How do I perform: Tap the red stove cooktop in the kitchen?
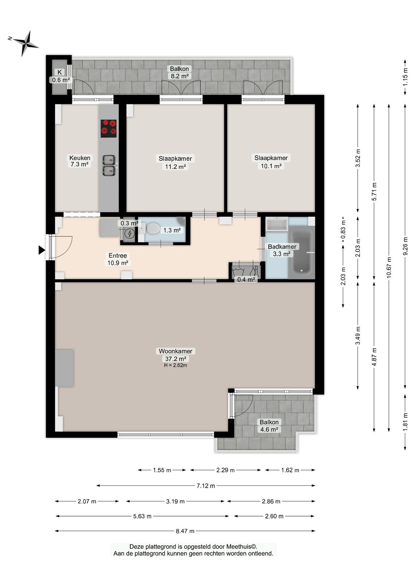108,128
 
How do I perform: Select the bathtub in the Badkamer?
301,251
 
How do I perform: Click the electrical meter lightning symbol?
129,233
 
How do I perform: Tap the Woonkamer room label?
176,351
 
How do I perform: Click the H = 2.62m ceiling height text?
176,365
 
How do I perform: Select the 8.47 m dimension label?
185,531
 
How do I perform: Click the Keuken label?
80,158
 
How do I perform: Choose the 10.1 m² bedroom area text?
271,166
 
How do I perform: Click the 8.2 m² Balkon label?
179,76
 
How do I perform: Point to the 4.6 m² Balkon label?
269,430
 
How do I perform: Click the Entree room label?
118,255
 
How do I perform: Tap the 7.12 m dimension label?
206,486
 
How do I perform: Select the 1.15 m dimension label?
405,77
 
